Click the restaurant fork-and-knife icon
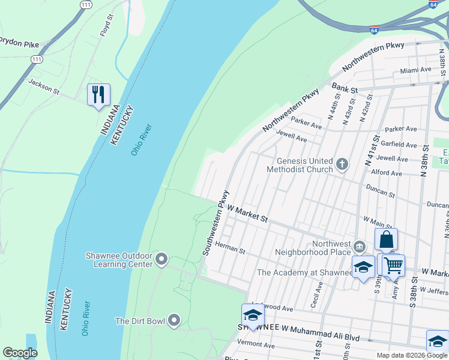tap(99, 94)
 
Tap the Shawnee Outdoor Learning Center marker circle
tap(161, 259)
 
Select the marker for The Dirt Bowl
tap(174, 320)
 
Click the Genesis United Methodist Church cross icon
tap(342, 164)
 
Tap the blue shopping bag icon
tap(387, 239)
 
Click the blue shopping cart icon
tap(394, 265)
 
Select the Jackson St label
tap(44, 88)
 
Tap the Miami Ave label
tap(416, 70)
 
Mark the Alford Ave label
tap(387, 173)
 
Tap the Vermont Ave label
tap(255, 346)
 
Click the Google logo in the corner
tap(20, 353)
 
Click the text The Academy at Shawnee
tap(304, 272)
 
